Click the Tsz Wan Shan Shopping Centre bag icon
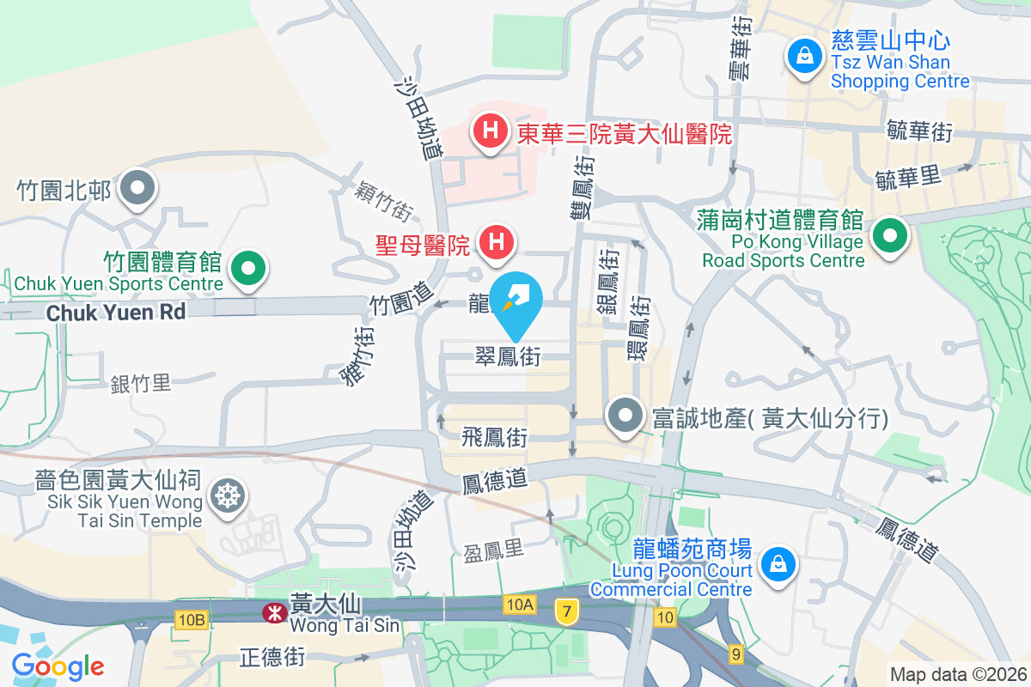tap(805, 57)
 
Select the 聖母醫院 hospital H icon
tap(496, 241)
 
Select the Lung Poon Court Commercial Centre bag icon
tap(778, 563)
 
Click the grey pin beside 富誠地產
tap(625, 416)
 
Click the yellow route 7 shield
tap(566, 611)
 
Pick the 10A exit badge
tap(520, 605)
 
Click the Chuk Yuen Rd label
tap(116, 313)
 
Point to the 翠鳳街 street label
tap(509, 356)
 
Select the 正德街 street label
tap(271, 658)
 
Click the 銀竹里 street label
tap(141, 383)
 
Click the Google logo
tap(58, 666)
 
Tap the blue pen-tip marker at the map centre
tap(517, 298)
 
